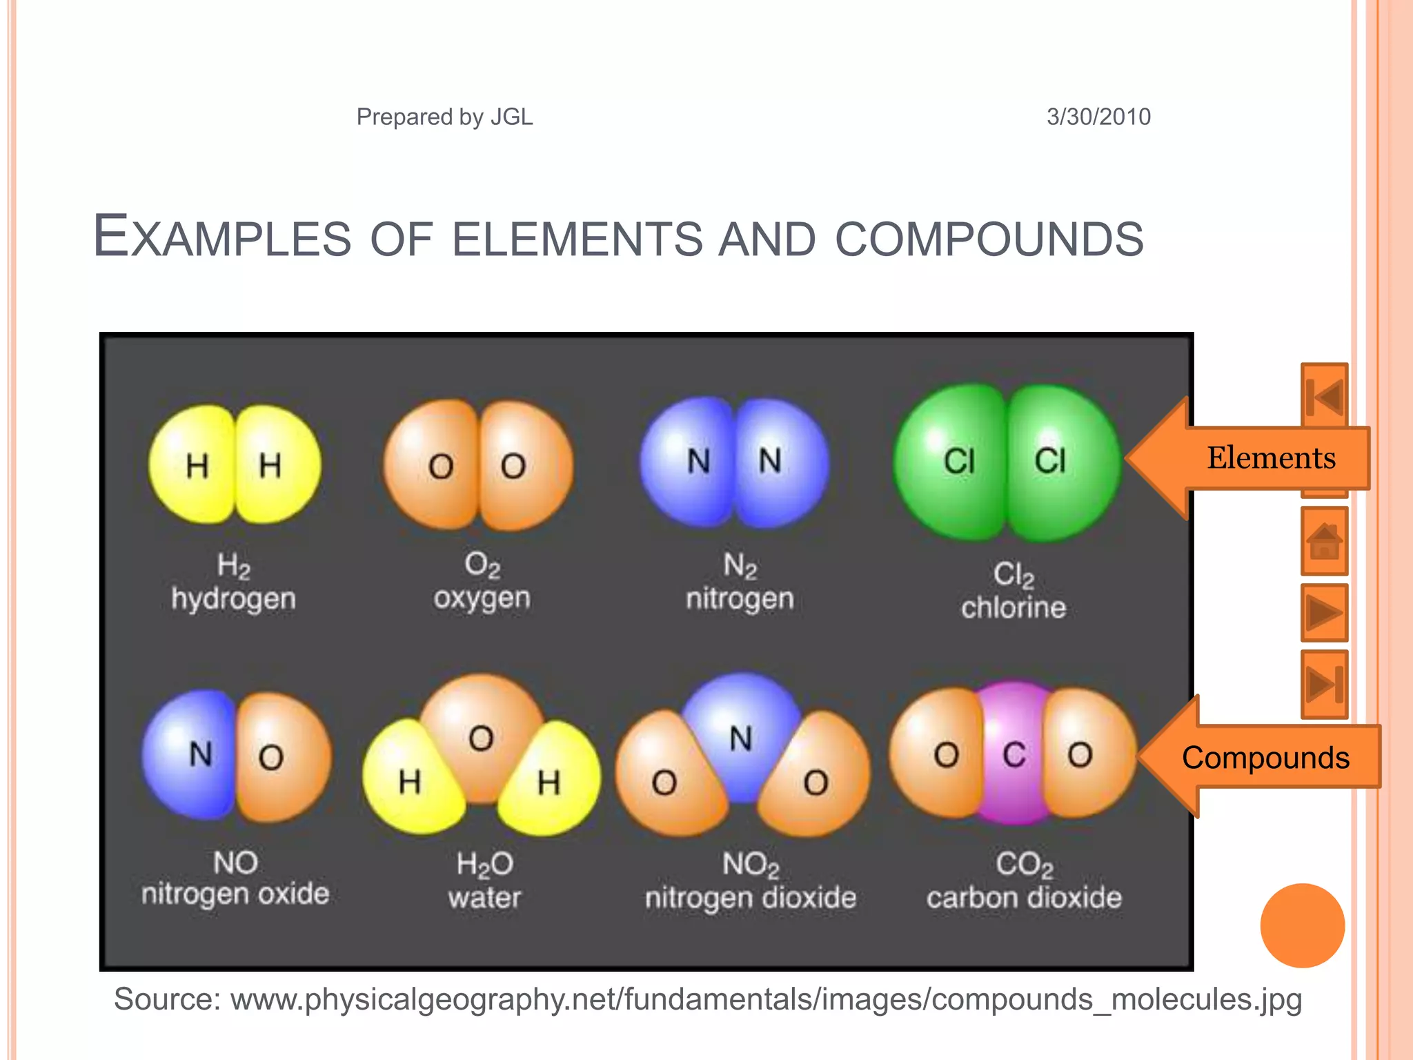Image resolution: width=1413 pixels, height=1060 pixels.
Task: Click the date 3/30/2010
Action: click(1098, 117)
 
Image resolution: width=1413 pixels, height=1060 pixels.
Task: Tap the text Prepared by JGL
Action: click(444, 117)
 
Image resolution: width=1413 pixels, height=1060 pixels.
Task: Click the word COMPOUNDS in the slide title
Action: click(989, 239)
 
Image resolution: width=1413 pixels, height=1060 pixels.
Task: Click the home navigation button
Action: click(1324, 541)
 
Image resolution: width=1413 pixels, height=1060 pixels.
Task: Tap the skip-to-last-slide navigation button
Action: click(1324, 684)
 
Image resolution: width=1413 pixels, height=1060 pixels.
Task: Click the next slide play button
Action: click(1324, 612)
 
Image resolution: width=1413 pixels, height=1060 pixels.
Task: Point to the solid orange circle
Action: click(1302, 925)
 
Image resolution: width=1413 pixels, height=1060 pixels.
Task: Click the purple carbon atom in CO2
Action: click(1014, 754)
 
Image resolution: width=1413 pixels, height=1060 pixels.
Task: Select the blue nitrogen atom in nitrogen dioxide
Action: click(741, 732)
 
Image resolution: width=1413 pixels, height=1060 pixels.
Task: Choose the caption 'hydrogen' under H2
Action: click(233, 599)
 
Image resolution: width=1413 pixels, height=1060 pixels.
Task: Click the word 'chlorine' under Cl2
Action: click(1014, 608)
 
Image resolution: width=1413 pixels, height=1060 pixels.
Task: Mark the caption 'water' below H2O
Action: click(484, 898)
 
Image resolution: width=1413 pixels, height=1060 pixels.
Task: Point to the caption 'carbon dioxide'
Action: click(1024, 898)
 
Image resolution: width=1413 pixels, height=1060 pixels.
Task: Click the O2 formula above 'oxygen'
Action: click(482, 565)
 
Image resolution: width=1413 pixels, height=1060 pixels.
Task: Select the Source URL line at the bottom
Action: click(707, 999)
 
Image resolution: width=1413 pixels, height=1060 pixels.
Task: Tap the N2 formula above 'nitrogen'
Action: click(740, 566)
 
